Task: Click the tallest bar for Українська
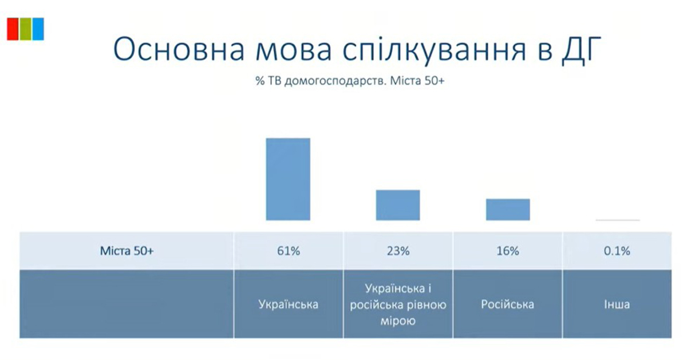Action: pos(288,179)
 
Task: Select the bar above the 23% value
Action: pos(398,205)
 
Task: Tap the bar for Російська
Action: pos(508,209)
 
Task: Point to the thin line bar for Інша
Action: pos(618,220)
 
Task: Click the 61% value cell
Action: pos(289,251)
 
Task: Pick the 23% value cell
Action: pos(398,251)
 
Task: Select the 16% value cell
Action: pos(508,251)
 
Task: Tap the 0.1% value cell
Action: pos(617,251)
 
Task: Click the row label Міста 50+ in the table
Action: pos(127,251)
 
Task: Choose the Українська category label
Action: pos(289,304)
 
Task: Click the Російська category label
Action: pos(508,304)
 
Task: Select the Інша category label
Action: pos(617,304)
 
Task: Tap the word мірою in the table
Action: pos(398,321)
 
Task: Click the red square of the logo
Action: pos(13,29)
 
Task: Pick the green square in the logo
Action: pos(25,29)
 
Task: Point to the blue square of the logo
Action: pos(38,29)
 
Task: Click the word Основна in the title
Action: pos(179,49)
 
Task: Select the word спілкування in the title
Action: pos(435,50)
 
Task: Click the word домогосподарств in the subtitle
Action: pos(335,81)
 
